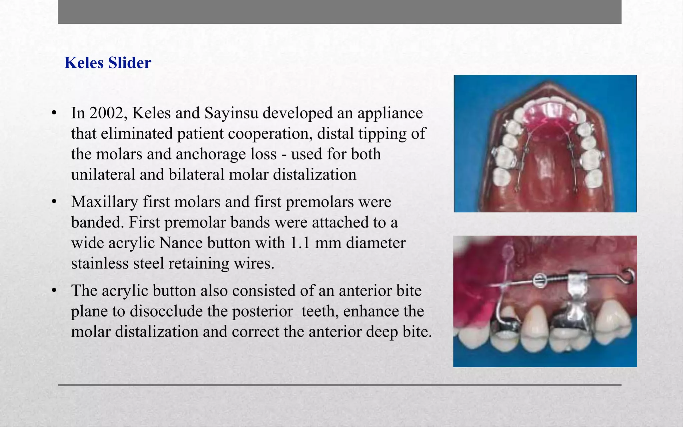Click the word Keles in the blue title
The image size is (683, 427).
coord(84,63)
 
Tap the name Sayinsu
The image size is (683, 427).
coord(231,113)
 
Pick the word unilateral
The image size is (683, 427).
coord(103,174)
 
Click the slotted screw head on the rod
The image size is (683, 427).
coord(538,280)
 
